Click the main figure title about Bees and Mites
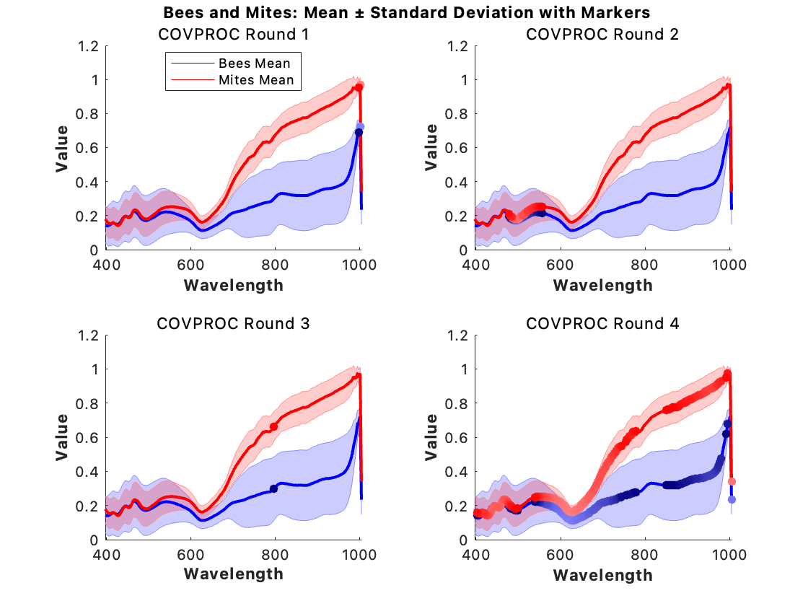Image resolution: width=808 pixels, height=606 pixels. tap(407, 12)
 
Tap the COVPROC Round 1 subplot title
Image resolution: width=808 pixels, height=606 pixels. tap(233, 34)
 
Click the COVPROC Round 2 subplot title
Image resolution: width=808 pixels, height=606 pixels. tap(602, 34)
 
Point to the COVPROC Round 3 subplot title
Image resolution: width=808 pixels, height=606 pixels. tap(233, 323)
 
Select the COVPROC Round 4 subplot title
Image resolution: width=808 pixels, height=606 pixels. tap(602, 323)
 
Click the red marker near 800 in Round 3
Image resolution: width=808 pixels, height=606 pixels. tap(274, 427)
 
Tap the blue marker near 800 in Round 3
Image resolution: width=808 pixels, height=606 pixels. tap(274, 488)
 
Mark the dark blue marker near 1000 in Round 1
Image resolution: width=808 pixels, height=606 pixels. tap(359, 132)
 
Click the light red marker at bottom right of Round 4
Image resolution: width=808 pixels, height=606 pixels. tap(732, 481)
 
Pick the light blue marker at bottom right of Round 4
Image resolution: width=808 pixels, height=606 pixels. tap(732, 499)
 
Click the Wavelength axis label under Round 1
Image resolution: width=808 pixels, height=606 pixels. tap(233, 285)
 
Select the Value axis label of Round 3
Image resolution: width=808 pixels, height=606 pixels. tap(63, 437)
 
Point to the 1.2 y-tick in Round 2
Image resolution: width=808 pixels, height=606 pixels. tap(460, 46)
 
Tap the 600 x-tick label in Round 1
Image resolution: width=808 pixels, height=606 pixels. tap(191, 265)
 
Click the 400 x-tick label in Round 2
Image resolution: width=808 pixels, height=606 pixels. tap(475, 265)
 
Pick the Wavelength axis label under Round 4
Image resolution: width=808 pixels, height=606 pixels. tap(602, 575)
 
